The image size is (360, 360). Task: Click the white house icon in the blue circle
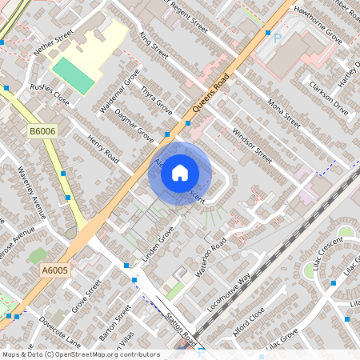pos(180,172)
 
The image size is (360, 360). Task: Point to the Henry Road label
pos(103,149)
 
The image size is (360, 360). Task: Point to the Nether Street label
pos(53,42)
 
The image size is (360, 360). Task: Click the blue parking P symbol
pos(278,38)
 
